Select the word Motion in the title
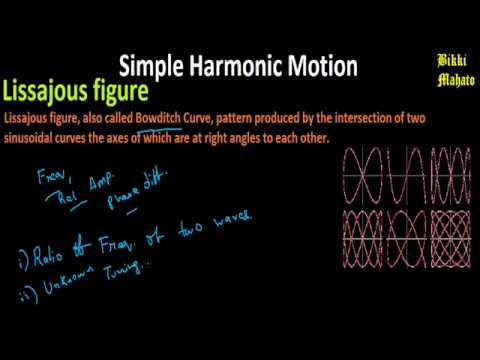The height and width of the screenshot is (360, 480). [321, 68]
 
